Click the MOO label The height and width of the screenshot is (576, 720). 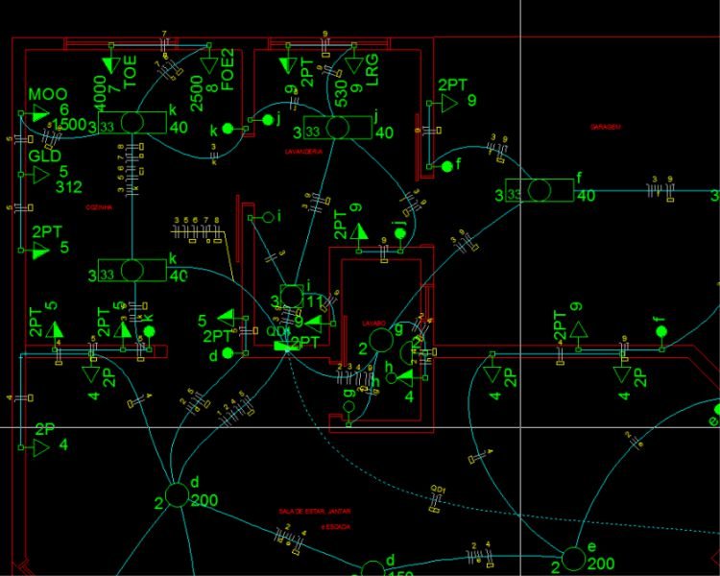[x=47, y=94]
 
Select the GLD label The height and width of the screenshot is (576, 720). [x=45, y=156]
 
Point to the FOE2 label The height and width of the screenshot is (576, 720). [x=228, y=69]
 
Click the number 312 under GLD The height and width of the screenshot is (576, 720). [x=69, y=187]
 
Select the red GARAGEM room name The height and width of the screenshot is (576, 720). [x=606, y=126]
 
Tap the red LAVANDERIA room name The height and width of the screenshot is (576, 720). [x=302, y=152]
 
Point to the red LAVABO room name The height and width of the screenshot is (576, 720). [x=373, y=323]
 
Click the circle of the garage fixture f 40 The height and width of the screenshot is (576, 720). [x=541, y=190]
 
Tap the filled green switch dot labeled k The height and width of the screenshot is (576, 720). [x=228, y=128]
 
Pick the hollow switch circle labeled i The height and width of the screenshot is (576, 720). [x=268, y=217]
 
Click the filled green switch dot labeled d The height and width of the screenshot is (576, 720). [x=228, y=352]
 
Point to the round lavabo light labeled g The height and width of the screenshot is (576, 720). [x=380, y=339]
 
